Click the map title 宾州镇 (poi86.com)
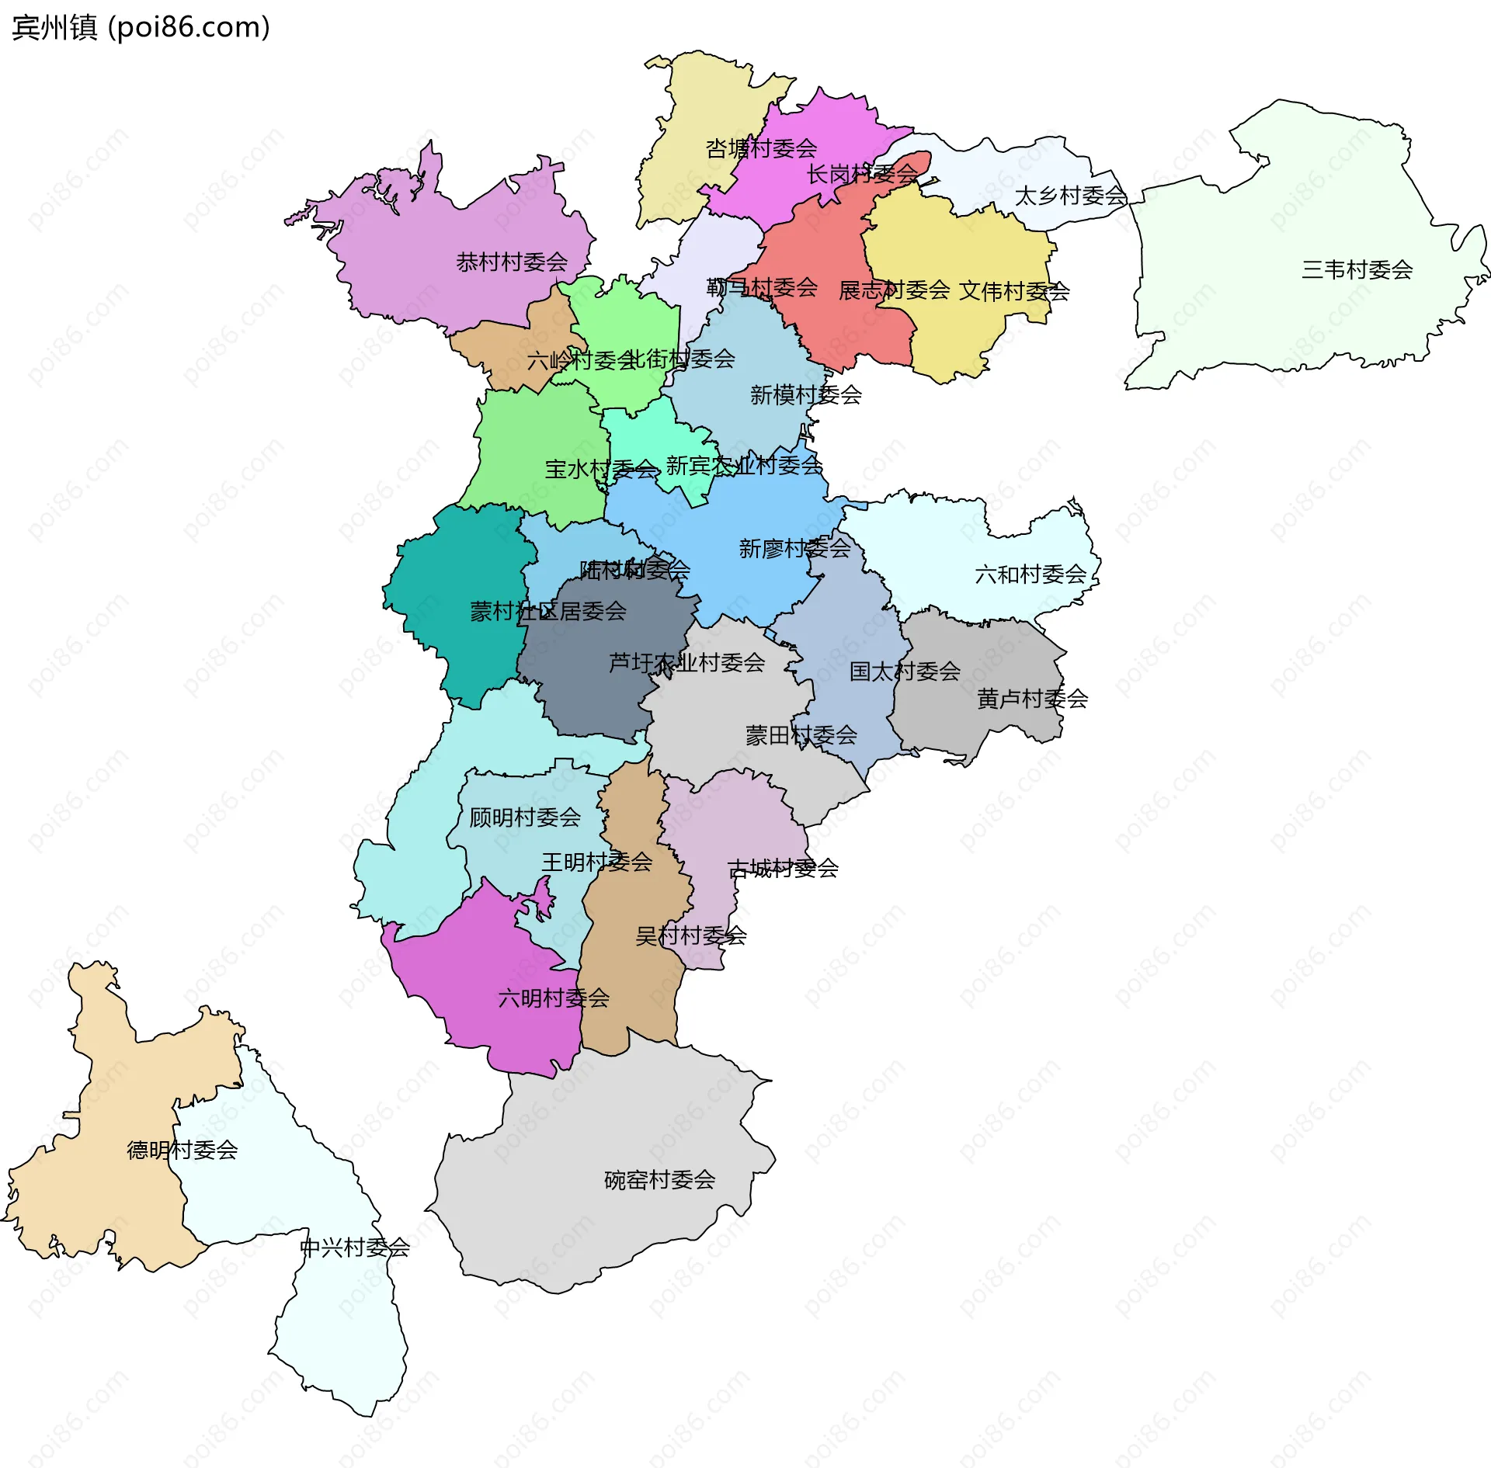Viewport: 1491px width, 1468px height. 141,27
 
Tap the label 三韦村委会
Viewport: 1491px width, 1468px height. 1357,269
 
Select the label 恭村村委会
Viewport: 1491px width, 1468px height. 512,262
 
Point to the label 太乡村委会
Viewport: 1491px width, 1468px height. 1070,196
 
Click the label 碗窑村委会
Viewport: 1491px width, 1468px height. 659,1180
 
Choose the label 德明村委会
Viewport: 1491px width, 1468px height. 182,1150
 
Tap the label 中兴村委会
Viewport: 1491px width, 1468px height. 354,1248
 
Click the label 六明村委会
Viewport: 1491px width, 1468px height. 553,998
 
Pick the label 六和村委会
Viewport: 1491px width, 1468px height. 1030,574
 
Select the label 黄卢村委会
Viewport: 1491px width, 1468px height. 1031,699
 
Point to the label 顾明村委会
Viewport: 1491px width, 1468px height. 524,817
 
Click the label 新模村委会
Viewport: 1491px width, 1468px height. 805,394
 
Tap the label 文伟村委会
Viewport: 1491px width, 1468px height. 1013,291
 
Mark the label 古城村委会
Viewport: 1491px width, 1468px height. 782,868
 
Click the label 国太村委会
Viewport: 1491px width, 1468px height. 904,671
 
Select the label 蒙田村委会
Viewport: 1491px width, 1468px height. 801,734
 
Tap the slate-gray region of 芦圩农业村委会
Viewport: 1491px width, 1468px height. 590,683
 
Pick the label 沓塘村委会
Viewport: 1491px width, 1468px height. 760,147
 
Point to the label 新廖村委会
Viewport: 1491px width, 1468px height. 794,548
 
